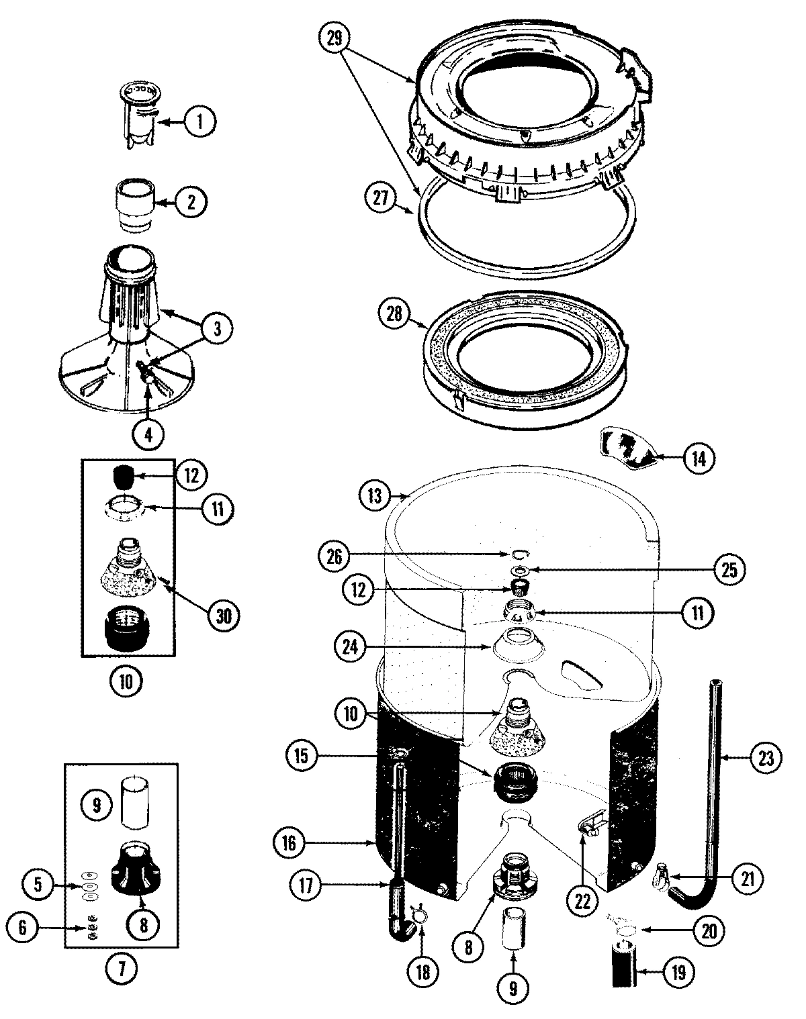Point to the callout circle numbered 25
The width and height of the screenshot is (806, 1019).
(x=729, y=570)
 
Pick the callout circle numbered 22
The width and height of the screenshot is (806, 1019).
(x=582, y=902)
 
